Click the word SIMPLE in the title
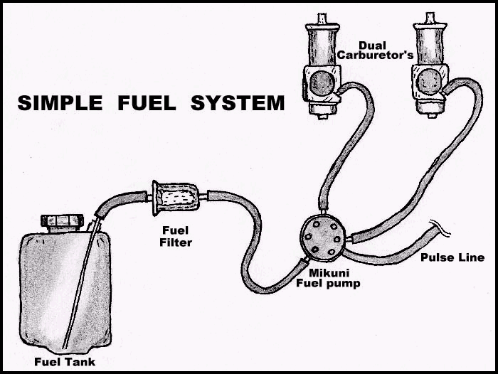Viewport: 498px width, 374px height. click(x=60, y=104)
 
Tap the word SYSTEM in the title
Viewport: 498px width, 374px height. click(x=238, y=104)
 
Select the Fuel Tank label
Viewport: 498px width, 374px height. click(x=65, y=361)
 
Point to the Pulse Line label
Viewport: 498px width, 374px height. click(x=452, y=257)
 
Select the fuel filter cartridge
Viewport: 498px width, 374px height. click(x=175, y=198)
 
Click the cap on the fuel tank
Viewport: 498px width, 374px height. click(x=63, y=221)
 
